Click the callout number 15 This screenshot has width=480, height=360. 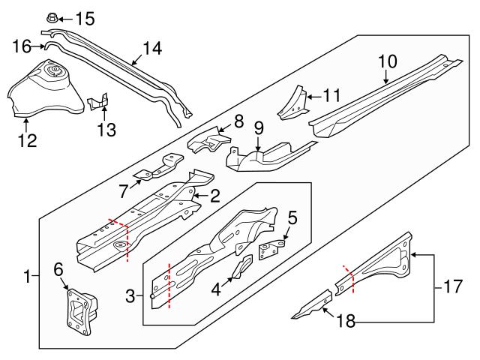[x=85, y=17]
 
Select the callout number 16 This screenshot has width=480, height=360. [x=22, y=47]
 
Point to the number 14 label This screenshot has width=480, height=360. [x=152, y=48]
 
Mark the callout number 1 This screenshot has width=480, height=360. [x=28, y=277]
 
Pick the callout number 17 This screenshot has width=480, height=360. [x=450, y=286]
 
